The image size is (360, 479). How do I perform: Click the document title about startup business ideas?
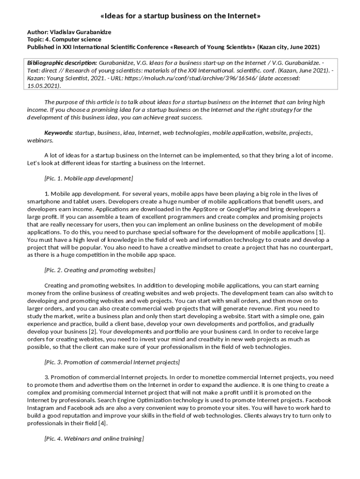pos(180,16)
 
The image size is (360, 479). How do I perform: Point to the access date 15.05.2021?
pos(43,86)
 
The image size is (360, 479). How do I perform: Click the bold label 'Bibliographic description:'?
pos(62,63)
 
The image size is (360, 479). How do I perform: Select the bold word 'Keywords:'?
pos(58,133)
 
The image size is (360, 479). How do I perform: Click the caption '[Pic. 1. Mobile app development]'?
pos(88,178)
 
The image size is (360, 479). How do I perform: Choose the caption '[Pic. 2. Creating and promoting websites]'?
pos(100,270)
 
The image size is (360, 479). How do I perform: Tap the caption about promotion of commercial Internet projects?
pos(112,362)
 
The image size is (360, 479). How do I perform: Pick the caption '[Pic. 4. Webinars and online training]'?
pos(94,438)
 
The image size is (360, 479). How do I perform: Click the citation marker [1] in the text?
pos(320,232)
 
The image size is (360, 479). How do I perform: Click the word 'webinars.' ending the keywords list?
pos(40,140)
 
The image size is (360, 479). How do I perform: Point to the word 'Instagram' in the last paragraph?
pos(41,408)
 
